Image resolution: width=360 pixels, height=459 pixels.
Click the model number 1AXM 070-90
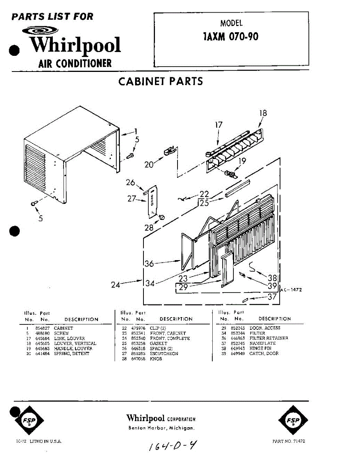coord(231,37)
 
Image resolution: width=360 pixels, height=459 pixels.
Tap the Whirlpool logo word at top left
coord(75,45)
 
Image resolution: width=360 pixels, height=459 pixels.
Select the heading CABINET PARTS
coord(161,81)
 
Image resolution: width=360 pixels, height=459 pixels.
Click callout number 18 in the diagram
coord(263,113)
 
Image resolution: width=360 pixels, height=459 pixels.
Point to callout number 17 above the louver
coord(218,125)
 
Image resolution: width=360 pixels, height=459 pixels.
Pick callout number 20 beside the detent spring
coord(149,164)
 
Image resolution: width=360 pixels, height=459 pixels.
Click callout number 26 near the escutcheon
coord(130,182)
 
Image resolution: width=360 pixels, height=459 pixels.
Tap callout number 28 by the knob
coord(148,228)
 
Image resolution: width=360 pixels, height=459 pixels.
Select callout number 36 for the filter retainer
coord(149,264)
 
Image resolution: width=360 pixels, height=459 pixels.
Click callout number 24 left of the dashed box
coord(116,285)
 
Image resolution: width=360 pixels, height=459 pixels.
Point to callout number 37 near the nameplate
coord(272,296)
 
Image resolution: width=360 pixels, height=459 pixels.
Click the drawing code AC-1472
coord(291,290)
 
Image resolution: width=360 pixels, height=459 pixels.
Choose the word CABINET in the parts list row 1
coord(64,328)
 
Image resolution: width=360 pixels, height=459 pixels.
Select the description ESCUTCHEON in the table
coord(164,354)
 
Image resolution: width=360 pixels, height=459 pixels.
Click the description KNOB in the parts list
coord(156,359)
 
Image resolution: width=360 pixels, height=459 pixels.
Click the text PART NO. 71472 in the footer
coord(289,441)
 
